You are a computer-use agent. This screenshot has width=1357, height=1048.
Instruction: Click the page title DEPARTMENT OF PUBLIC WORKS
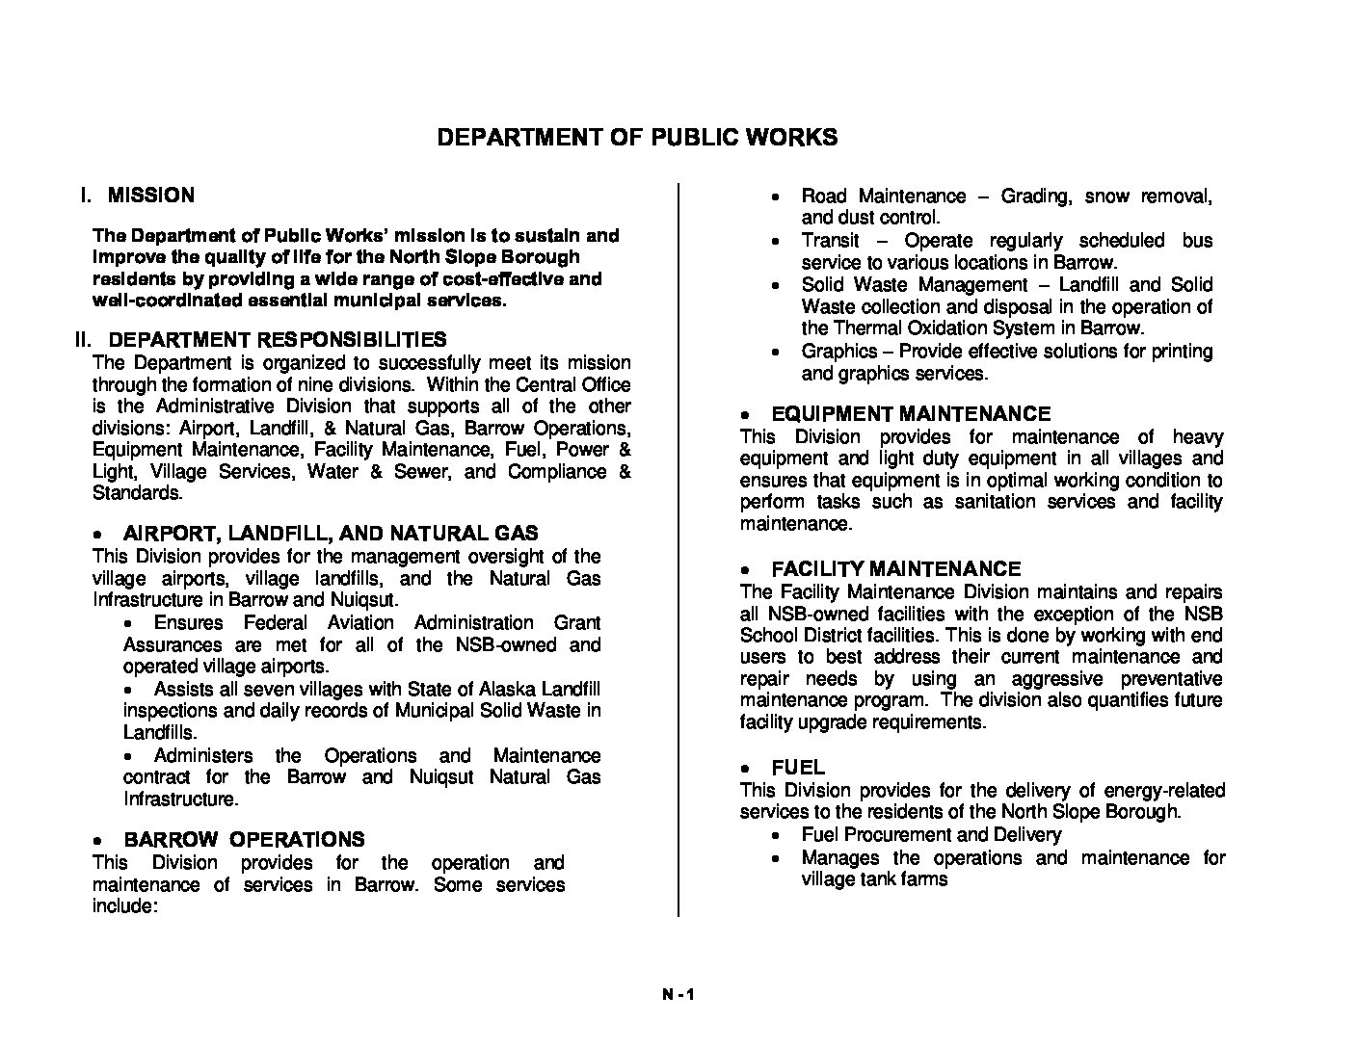637,137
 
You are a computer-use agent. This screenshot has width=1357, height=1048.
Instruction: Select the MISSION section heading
150,196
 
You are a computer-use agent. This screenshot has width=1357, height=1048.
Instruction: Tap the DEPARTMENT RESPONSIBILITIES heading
277,339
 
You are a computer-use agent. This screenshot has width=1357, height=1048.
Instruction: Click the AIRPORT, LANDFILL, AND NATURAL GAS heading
331,534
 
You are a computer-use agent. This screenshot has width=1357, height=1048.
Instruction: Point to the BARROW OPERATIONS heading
244,839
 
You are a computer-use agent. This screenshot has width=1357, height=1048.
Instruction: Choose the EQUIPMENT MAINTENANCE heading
911,414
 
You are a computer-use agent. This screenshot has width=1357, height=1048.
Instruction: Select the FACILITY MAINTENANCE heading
895,569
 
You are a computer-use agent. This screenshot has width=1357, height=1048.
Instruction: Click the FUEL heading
798,768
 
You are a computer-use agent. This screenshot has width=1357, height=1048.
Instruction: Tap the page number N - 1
678,996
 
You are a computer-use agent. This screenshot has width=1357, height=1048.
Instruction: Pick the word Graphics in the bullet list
838,352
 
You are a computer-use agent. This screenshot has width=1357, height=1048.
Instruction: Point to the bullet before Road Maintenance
776,197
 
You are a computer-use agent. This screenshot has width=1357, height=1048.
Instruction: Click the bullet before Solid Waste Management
776,286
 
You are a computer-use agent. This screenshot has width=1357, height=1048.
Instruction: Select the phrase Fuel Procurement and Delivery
931,835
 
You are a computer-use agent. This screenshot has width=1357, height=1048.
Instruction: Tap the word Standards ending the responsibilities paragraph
136,493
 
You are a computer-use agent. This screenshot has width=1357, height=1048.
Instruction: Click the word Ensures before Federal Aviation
188,623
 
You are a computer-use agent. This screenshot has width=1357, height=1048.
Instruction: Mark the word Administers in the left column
203,756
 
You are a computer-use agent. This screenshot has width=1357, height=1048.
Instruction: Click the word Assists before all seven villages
181,690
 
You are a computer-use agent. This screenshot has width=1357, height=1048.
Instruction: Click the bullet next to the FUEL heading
746,770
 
